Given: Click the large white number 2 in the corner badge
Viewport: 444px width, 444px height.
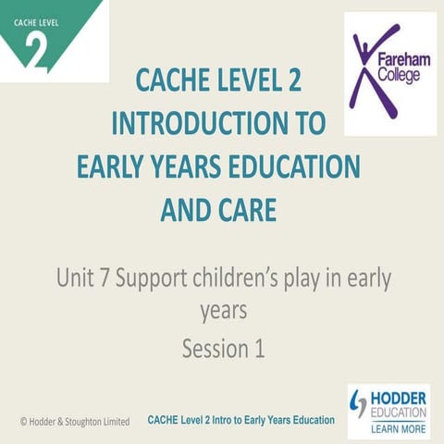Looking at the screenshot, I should (x=36, y=51).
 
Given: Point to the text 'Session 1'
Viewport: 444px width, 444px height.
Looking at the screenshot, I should (x=223, y=349).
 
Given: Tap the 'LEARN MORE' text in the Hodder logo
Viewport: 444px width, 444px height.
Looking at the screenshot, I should (x=397, y=428).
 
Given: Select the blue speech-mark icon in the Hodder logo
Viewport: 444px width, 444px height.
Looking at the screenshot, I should (x=360, y=402).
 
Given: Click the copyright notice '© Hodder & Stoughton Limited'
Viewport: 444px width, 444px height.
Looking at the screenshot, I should (x=74, y=421).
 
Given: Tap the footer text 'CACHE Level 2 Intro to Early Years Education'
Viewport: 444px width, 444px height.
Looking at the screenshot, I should (x=240, y=420).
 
